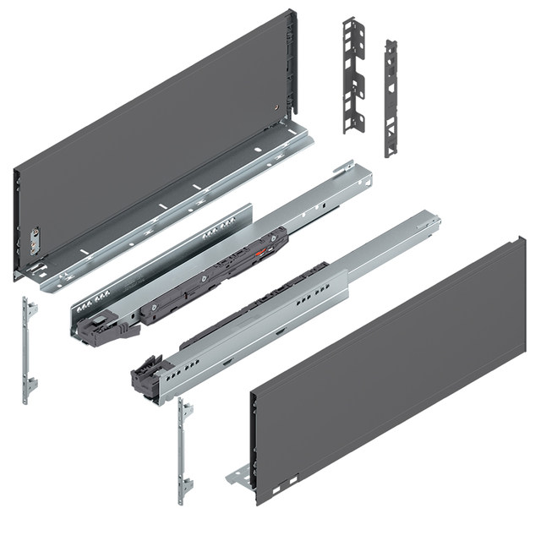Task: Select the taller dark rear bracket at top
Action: (x=353, y=76)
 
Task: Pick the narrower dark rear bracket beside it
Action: (x=391, y=97)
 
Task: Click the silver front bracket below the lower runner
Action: (x=184, y=451)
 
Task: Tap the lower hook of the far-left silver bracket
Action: (x=30, y=385)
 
